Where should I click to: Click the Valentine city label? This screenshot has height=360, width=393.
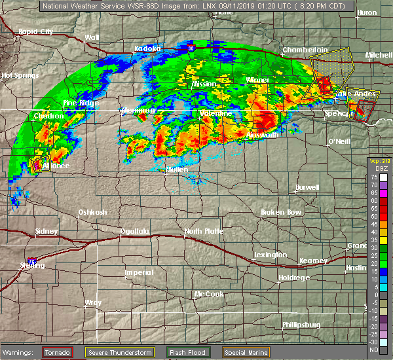(216, 114)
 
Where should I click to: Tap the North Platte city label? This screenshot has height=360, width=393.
(203, 232)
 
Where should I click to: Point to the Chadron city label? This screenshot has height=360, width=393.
(48, 116)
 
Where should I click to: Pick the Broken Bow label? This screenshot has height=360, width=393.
(281, 213)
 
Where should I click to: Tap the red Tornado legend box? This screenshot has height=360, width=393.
(58, 352)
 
